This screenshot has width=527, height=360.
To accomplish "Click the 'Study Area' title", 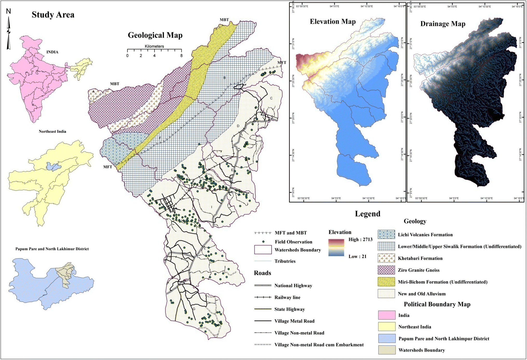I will click(53, 15).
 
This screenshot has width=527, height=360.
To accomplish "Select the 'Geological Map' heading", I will click(155, 35).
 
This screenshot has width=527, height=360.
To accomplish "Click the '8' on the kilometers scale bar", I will click(181, 56).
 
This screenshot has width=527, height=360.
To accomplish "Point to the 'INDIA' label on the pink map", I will click(52, 52).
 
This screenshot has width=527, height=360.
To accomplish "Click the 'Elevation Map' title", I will click(332, 22).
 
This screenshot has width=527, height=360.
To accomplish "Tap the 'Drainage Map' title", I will click(442, 24).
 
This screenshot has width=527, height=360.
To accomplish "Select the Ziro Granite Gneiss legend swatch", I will click(386, 270).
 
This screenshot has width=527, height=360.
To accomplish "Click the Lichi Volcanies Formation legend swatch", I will click(386, 234).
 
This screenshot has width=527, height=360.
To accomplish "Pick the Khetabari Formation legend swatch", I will click(386, 258).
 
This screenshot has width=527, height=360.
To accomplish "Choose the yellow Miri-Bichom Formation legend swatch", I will click(386, 282).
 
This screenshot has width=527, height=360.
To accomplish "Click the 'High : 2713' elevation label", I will click(360, 239).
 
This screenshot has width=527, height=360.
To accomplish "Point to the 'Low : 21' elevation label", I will click(357, 257).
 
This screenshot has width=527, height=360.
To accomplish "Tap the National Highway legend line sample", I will click(263, 286).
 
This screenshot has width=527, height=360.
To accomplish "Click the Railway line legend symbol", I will click(263, 297).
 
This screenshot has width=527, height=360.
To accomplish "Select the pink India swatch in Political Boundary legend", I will click(386, 315).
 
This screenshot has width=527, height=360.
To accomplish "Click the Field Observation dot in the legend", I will click(263, 242).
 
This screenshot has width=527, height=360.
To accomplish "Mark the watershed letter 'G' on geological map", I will click(194, 309).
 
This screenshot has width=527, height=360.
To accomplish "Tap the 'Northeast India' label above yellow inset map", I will click(52, 131).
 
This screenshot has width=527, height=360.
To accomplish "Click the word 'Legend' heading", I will click(367, 214).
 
